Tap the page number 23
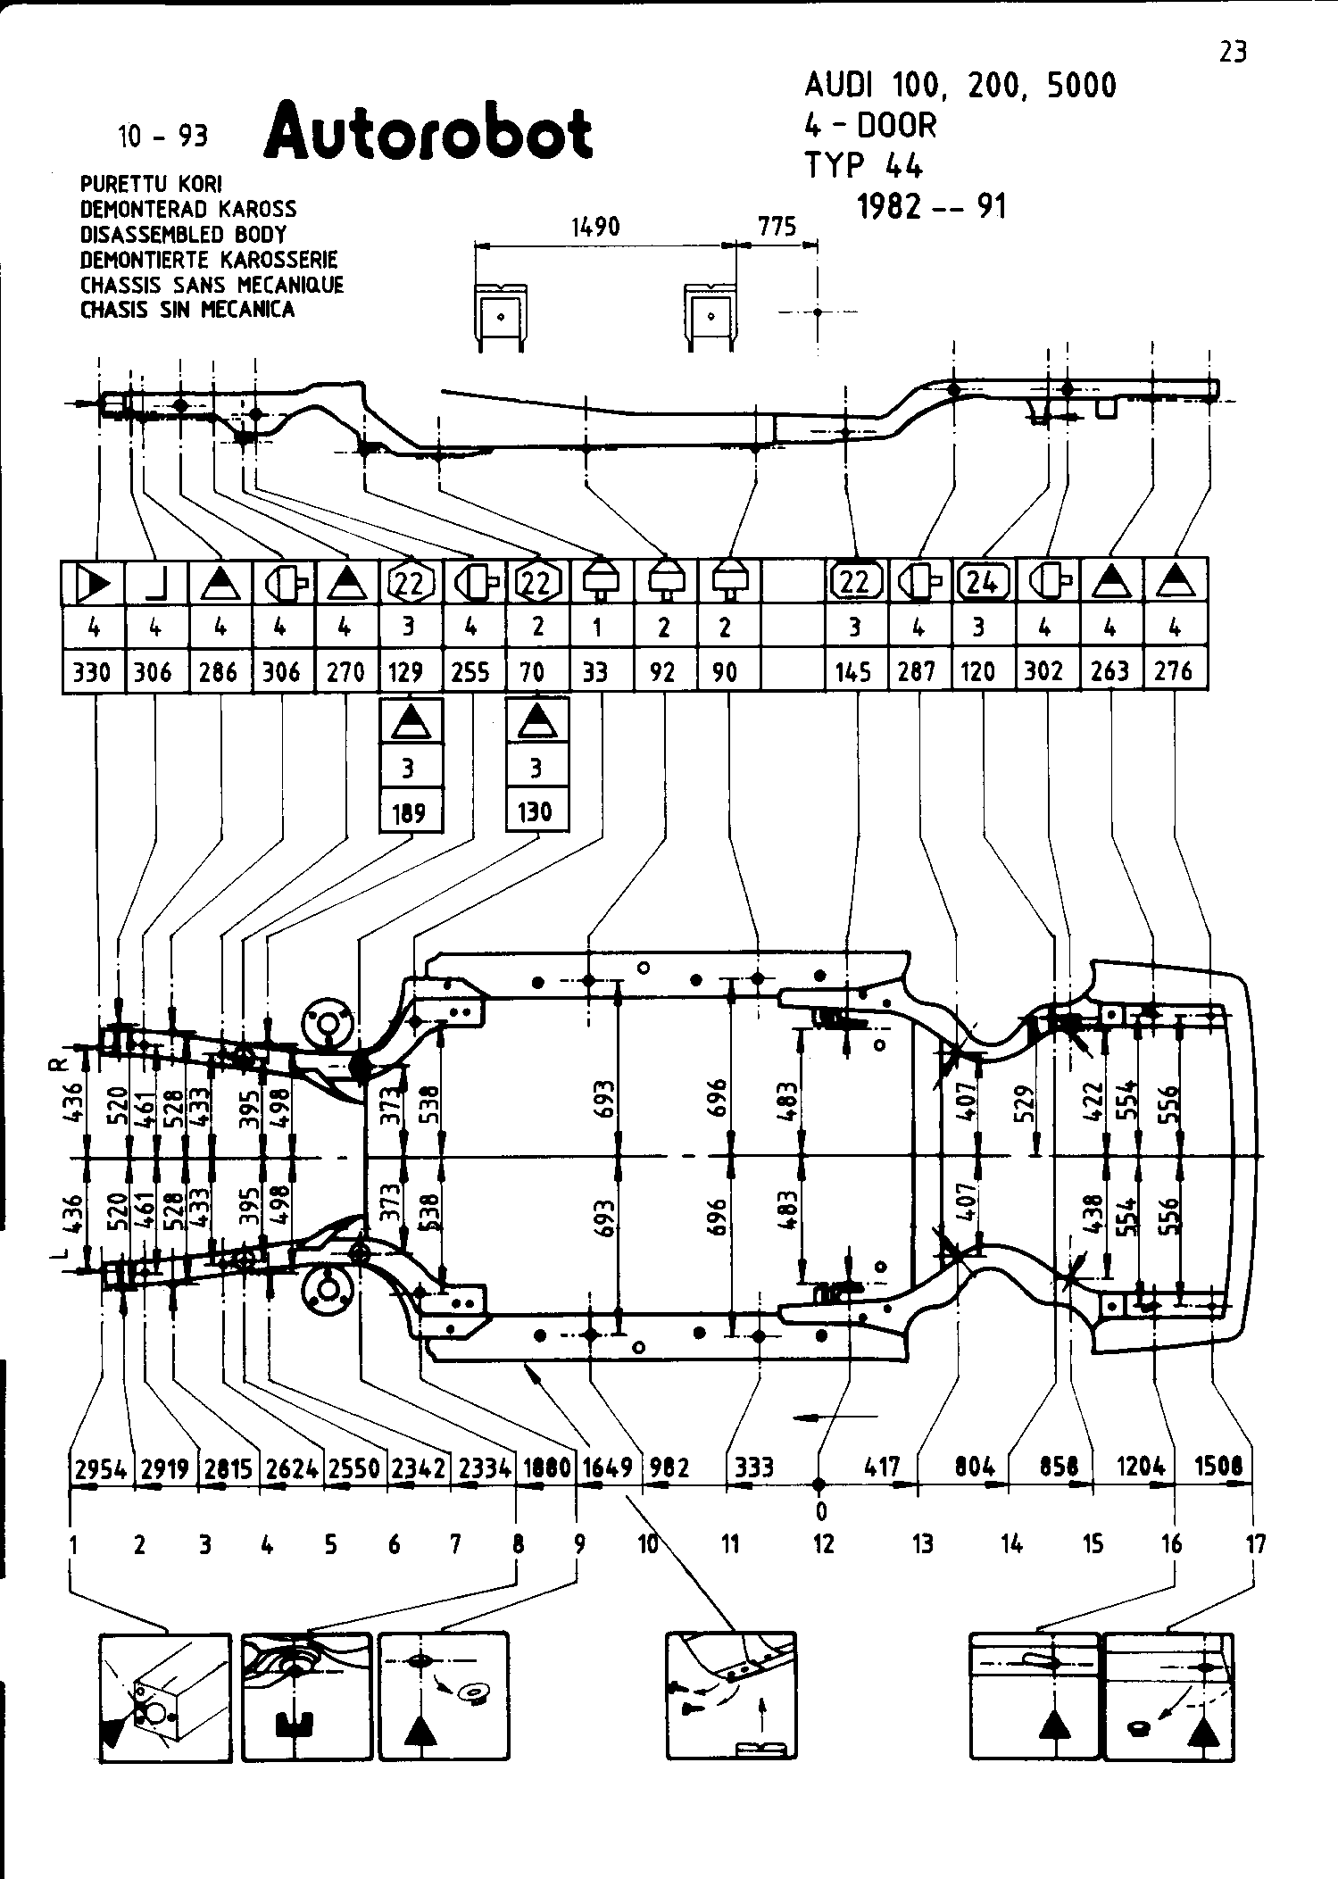pos(1232,53)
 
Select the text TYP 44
pos(863,166)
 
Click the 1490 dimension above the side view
pos(595,228)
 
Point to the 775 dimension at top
pos(777,228)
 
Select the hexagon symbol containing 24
pos(982,582)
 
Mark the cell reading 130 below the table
pos(535,812)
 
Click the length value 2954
pos(99,1469)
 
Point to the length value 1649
pos(607,1467)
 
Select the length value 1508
pos(1217,1466)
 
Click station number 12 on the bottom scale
pos(823,1544)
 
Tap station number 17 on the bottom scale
pos(1255,1544)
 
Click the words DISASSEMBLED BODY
pos(183,235)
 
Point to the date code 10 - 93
pos(162,137)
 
